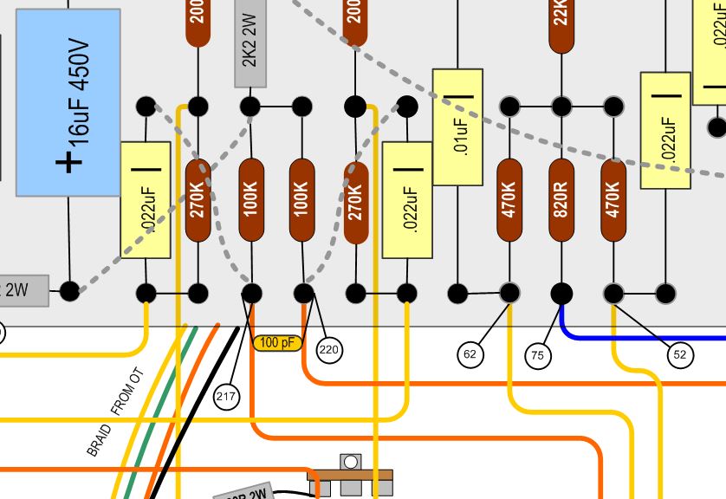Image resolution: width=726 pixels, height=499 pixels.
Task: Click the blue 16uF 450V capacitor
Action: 68,102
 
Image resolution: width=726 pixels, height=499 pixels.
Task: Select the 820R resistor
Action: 561,201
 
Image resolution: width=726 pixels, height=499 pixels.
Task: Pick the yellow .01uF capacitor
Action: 457,126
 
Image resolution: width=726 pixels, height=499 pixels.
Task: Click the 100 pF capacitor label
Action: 277,343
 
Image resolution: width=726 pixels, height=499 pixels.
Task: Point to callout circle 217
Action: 225,397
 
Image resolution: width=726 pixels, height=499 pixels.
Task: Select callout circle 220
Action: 328,351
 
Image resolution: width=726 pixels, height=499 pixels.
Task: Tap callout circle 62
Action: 470,353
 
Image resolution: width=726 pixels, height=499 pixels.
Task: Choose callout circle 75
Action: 538,354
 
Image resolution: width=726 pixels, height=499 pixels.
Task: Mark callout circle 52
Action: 679,353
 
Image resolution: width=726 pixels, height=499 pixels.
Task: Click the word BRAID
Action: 97,439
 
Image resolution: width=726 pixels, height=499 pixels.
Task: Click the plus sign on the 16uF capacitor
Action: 68,161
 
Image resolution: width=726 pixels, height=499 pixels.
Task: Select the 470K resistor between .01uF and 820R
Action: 509,201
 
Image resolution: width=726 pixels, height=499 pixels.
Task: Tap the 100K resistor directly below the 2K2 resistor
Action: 250,201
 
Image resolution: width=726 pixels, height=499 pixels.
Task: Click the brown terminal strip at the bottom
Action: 350,475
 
